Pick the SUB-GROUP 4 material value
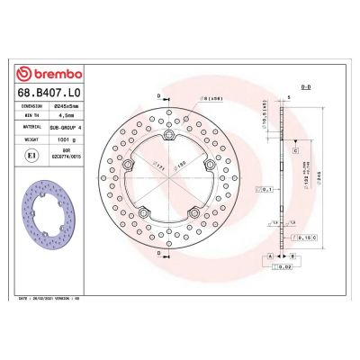click(x=69, y=128)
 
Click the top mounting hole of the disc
click(x=169, y=135)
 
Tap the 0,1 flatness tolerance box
click(x=265, y=188)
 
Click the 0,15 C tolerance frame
click(x=306, y=238)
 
